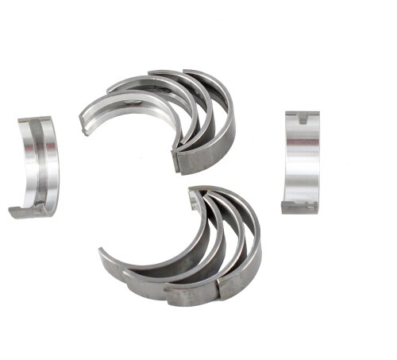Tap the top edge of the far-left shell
pyautogui.click(x=36, y=119)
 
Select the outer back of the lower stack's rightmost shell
pyautogui.click(x=252, y=246)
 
